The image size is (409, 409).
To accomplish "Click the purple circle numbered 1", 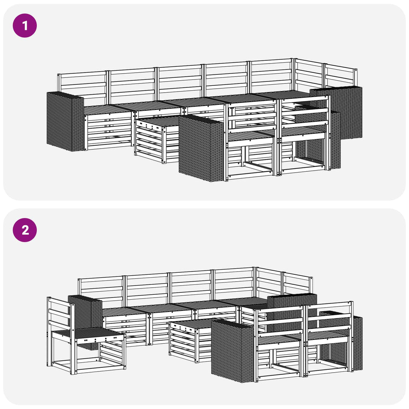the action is (x=25, y=26).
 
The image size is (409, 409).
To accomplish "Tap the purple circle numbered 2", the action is (x=25, y=230).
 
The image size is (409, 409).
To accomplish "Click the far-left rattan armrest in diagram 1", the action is (x=65, y=121).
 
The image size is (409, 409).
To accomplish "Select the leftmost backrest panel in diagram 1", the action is (x=82, y=87).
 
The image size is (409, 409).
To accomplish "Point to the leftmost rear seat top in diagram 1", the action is (x=107, y=109).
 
